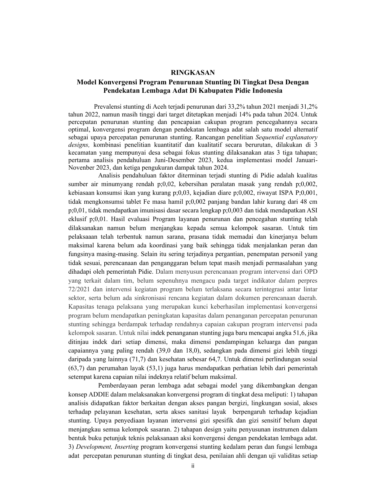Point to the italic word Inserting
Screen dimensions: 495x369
tap(127, 447)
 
